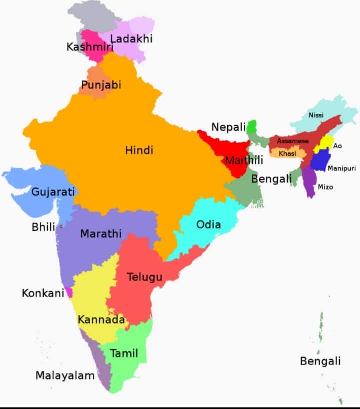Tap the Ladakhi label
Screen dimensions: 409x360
(x=131, y=38)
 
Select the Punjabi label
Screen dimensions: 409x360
(x=101, y=85)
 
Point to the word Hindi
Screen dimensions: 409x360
(x=139, y=150)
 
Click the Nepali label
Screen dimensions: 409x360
(x=229, y=127)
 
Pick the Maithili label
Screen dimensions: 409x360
(x=244, y=161)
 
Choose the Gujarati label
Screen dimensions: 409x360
(x=53, y=191)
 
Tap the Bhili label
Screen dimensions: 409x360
(x=43, y=227)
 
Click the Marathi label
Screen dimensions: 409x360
(x=101, y=233)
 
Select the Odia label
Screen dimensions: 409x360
(x=208, y=224)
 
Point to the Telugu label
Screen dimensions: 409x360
(x=144, y=276)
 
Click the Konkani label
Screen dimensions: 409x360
(x=43, y=293)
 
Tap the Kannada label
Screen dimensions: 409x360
(x=101, y=319)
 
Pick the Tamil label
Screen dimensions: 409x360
(x=124, y=354)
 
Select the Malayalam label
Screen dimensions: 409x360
(x=65, y=375)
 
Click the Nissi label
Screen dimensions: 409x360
(x=316, y=115)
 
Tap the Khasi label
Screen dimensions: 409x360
(x=287, y=153)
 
